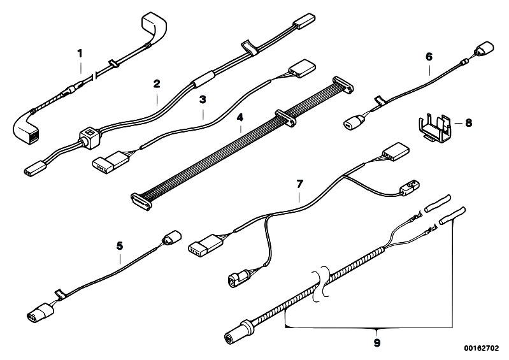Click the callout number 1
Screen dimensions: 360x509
[80, 53]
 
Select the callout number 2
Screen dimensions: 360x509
[156, 83]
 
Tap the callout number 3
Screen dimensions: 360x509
[202, 100]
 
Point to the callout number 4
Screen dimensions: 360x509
[240, 118]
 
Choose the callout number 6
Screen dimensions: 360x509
[429, 57]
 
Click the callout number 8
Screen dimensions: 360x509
[468, 122]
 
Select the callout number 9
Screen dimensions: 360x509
[376, 342]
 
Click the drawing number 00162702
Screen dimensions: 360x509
[482, 350]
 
